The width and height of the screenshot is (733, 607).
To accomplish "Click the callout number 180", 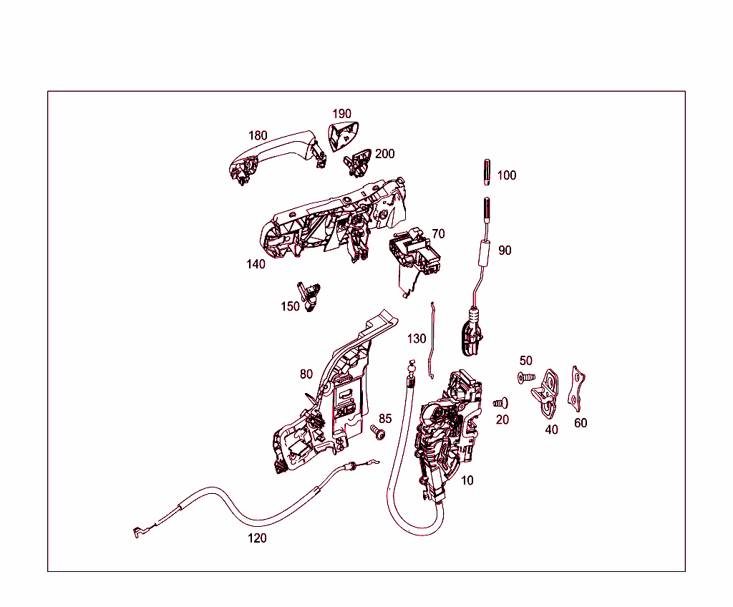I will (258, 135).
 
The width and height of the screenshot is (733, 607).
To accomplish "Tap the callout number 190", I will (341, 114).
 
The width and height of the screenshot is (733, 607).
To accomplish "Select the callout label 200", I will (384, 154).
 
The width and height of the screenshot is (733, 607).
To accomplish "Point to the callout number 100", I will (506, 175).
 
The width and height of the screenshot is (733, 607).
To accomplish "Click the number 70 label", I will (438, 234).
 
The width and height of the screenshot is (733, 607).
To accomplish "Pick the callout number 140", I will (256, 264).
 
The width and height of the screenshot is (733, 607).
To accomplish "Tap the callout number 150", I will (290, 306).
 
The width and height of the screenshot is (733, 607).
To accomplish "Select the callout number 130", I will (417, 339).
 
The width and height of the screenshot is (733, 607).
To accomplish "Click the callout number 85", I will (385, 419).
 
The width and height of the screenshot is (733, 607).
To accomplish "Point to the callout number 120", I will (257, 538).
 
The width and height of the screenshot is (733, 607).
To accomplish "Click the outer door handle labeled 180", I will (276, 152).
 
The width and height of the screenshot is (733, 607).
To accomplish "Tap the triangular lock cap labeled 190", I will (343, 136).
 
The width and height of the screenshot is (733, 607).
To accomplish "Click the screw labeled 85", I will (379, 433).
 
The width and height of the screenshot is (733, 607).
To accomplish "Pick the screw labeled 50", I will (525, 377).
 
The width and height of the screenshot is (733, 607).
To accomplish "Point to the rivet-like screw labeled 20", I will (500, 404).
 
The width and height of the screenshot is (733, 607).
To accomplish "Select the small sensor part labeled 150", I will (311, 295).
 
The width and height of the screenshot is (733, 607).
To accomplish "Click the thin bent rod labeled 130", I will (432, 340).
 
